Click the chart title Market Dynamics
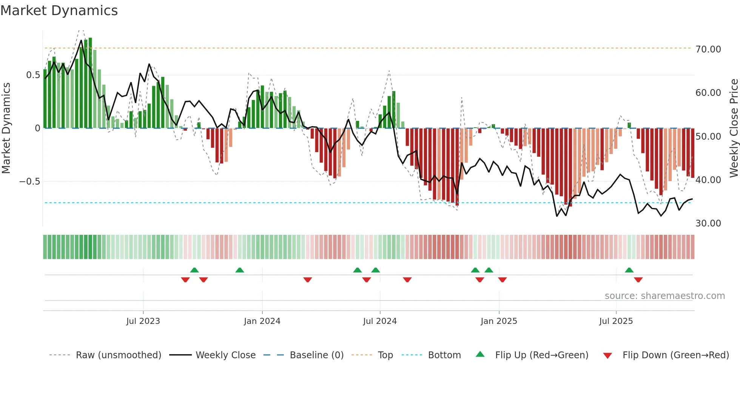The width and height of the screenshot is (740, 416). (x=59, y=11)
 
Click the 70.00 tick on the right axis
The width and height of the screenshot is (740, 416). (x=708, y=49)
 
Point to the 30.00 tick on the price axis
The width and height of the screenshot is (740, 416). (x=708, y=223)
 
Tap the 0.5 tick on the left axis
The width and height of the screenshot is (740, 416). (x=33, y=75)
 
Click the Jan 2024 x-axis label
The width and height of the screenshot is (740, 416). (x=262, y=321)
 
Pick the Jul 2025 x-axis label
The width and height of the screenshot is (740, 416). (x=616, y=321)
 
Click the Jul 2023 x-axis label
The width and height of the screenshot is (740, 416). (x=143, y=321)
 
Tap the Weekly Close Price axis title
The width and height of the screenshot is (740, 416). (x=734, y=128)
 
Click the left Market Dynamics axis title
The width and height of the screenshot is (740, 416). (x=6, y=128)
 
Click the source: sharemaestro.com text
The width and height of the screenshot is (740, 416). (x=664, y=296)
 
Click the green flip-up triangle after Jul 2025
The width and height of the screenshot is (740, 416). (x=629, y=270)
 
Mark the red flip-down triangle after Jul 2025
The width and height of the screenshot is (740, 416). (x=638, y=280)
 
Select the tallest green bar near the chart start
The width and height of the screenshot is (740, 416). (x=90, y=83)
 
